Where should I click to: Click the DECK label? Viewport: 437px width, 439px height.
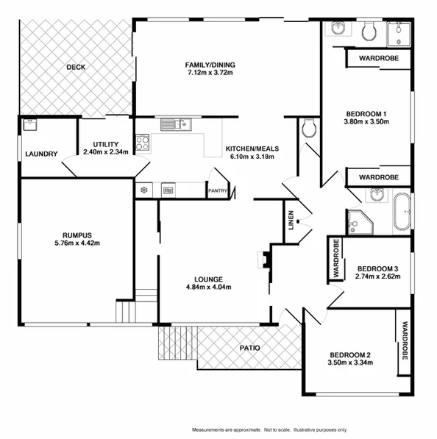(x=76, y=67)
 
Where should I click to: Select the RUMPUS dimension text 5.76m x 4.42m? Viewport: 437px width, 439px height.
(x=77, y=243)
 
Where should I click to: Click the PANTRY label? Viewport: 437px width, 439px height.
(x=218, y=191)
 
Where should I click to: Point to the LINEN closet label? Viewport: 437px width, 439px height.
(x=291, y=221)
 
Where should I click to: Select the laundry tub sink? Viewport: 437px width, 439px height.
(x=30, y=124)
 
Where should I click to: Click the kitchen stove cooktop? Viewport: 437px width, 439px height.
(x=142, y=140)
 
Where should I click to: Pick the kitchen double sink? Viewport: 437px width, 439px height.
(x=176, y=124)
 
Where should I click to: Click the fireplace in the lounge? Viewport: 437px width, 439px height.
(x=263, y=259)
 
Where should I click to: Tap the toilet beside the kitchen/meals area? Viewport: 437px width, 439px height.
(x=309, y=129)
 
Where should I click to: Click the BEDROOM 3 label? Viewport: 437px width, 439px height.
(x=377, y=268)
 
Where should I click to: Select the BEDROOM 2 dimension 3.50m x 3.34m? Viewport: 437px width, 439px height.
(x=349, y=362)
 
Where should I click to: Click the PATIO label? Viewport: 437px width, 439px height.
(x=249, y=348)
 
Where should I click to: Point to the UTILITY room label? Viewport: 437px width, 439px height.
(x=105, y=144)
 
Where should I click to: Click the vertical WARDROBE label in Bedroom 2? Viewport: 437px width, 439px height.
(x=404, y=341)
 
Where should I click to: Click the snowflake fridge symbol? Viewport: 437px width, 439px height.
(x=143, y=190)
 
